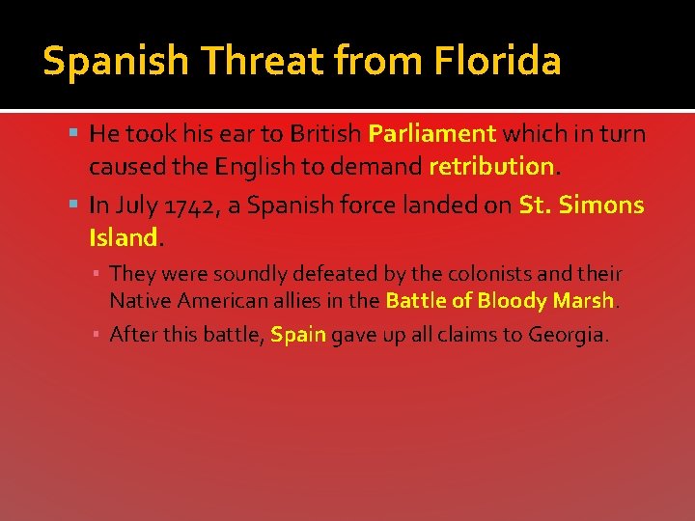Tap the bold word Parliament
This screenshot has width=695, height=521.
(432, 133)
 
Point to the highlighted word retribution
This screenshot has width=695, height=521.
(490, 166)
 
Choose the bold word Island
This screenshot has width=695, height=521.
(123, 237)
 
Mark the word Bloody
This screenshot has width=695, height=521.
(514, 300)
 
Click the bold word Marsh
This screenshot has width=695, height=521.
(584, 300)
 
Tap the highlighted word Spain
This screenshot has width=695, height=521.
(298, 335)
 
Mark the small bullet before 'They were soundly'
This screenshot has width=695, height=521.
(98, 275)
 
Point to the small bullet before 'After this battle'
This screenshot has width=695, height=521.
(98, 336)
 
